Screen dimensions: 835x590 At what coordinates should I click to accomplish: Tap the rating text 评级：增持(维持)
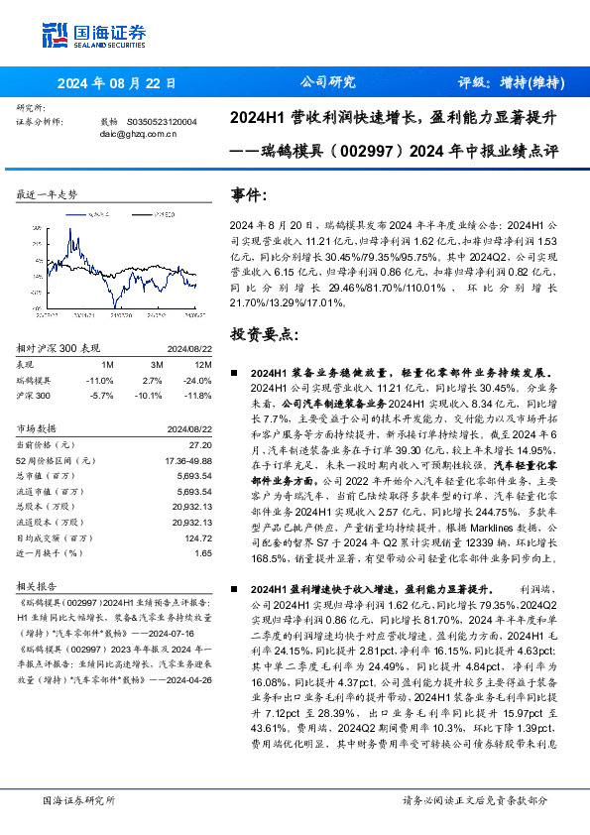point(512,83)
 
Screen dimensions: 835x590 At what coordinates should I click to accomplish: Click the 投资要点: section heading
point(263,334)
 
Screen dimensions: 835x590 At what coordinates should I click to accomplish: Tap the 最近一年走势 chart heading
point(47,194)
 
